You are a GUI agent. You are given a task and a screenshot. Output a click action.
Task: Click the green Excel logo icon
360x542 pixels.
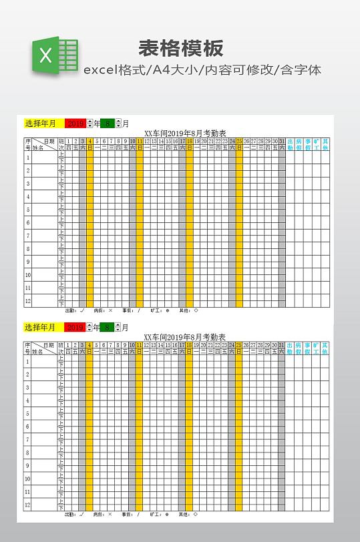[x=54, y=55]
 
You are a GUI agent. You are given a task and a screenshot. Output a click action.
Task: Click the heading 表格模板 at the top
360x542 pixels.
[x=180, y=48]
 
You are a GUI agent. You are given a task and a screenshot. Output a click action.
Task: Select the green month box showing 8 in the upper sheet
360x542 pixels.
[x=107, y=123]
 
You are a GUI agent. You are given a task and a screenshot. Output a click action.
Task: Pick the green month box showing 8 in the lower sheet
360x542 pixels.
[x=107, y=327]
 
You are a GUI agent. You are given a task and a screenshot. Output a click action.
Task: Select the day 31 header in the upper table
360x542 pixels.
[x=282, y=141]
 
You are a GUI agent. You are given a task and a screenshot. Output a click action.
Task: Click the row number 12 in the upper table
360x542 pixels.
[x=28, y=300]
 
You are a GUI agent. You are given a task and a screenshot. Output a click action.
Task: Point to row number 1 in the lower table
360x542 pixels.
[x=28, y=362]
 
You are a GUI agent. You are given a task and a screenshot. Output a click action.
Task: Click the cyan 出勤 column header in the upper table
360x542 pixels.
[x=291, y=144]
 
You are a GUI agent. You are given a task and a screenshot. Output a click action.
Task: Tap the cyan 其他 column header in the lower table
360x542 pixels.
[x=325, y=348]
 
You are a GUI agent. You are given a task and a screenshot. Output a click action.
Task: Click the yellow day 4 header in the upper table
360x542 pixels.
[x=89, y=141]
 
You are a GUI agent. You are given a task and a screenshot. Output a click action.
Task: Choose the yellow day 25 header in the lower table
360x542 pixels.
[x=239, y=344]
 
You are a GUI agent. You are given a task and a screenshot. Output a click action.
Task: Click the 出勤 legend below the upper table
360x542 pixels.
[x=74, y=310]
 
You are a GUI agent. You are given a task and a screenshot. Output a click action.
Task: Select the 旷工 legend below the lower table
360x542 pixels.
[x=160, y=515]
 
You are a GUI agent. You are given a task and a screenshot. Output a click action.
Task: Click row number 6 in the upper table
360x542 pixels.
[x=28, y=222]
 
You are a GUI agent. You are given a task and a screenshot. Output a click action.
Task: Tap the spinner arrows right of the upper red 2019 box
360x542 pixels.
[x=89, y=123]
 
